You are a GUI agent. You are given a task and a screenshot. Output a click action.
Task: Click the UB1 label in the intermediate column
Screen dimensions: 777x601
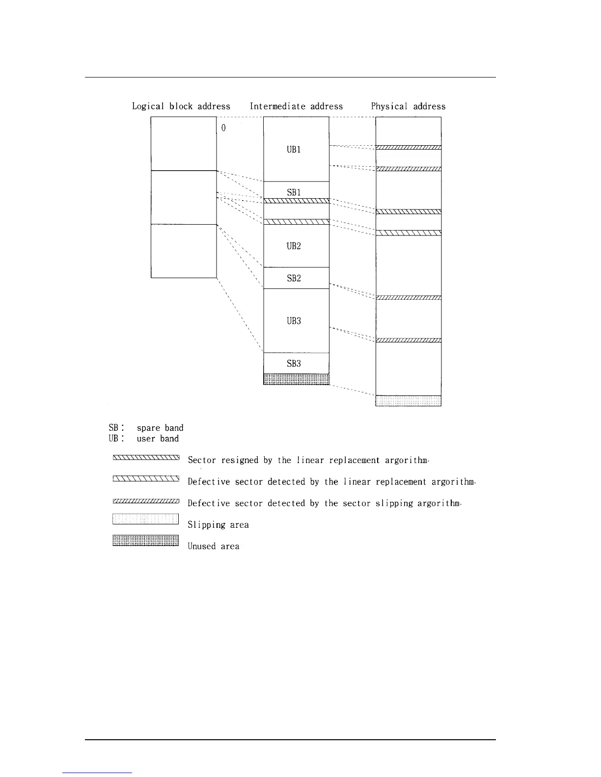coord(294,150)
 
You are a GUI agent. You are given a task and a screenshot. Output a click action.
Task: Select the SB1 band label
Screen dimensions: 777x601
coord(294,192)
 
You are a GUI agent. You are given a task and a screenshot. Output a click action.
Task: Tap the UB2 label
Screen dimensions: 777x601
coord(294,246)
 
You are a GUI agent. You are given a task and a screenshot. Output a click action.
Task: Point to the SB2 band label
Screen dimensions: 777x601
coord(294,278)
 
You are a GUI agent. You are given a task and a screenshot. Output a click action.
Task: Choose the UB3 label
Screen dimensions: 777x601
coord(294,321)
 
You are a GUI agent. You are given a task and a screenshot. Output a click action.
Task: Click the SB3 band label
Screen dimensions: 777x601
coord(294,363)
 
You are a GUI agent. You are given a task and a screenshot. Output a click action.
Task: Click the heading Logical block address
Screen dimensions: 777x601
coord(181,106)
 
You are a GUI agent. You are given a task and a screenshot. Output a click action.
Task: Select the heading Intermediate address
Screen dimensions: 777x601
coord(296,106)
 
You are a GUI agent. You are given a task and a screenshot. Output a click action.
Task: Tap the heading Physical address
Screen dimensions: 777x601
coord(408,106)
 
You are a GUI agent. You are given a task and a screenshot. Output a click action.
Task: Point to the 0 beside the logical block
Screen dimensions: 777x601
coord(223,128)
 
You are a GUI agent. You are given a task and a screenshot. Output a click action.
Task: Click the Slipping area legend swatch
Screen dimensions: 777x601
coord(145,519)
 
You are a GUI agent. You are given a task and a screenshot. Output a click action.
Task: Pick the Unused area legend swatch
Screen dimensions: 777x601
coord(145,541)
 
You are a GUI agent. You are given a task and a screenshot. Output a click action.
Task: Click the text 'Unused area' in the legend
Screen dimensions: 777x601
coord(214,546)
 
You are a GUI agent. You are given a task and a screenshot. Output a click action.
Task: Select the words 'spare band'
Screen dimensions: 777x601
coord(160,428)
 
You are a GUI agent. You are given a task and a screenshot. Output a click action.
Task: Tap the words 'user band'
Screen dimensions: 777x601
coord(158,439)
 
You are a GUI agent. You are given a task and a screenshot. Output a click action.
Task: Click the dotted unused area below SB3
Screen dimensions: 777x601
coord(296,379)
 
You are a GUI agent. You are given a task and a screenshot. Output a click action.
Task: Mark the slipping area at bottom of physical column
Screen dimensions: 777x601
coord(408,401)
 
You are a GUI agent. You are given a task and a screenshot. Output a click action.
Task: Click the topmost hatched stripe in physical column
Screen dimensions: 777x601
coord(408,147)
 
